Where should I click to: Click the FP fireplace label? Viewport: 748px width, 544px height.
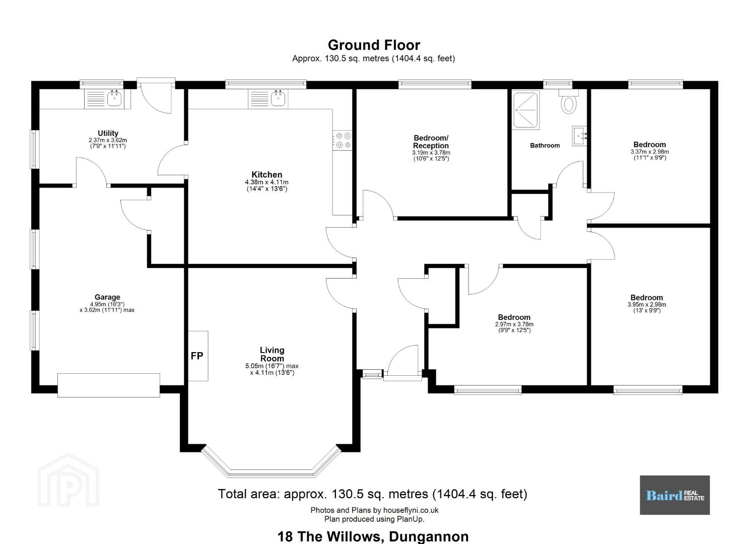pyautogui.click(x=196, y=356)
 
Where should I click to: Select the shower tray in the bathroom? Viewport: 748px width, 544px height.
pyautogui.click(x=526, y=110)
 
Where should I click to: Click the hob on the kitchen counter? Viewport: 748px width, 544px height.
pyautogui.click(x=343, y=140)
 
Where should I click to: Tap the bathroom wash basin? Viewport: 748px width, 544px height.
pyautogui.click(x=579, y=136)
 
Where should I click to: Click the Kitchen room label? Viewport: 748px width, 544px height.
pyautogui.click(x=266, y=174)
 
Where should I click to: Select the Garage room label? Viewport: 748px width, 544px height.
pyautogui.click(x=107, y=297)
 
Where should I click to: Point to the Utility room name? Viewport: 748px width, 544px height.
pyautogui.click(x=108, y=133)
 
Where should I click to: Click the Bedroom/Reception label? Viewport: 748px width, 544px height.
pyautogui.click(x=431, y=142)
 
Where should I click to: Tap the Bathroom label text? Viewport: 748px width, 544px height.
pyautogui.click(x=545, y=145)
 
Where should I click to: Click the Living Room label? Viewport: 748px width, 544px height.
pyautogui.click(x=272, y=354)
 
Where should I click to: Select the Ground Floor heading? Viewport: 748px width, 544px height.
pyautogui.click(x=374, y=45)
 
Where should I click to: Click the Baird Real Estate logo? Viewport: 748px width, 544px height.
pyautogui.click(x=674, y=495)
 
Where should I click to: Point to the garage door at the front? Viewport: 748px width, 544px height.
pyautogui.click(x=108, y=385)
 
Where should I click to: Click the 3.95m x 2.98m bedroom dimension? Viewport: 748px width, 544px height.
pyautogui.click(x=646, y=305)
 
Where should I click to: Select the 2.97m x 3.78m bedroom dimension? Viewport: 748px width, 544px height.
pyautogui.click(x=514, y=324)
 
